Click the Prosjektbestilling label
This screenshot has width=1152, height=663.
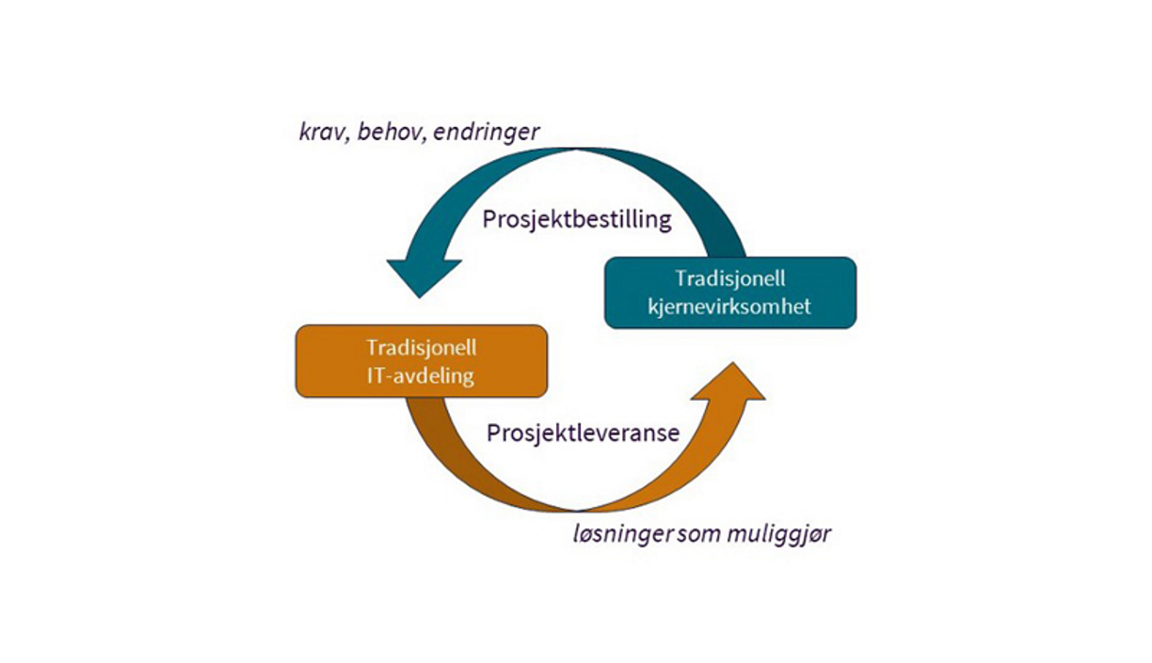(577, 219)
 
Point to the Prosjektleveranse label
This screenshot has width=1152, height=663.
(583, 434)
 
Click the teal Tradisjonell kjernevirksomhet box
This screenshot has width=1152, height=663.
(729, 292)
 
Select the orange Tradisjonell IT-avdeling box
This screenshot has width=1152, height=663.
(421, 361)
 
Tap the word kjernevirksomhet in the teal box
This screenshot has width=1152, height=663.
(729, 307)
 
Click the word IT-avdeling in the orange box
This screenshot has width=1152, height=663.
(421, 376)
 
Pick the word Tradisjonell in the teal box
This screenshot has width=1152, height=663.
(729, 278)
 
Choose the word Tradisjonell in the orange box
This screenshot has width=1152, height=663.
(421, 347)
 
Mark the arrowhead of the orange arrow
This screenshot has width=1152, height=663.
(733, 381)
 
